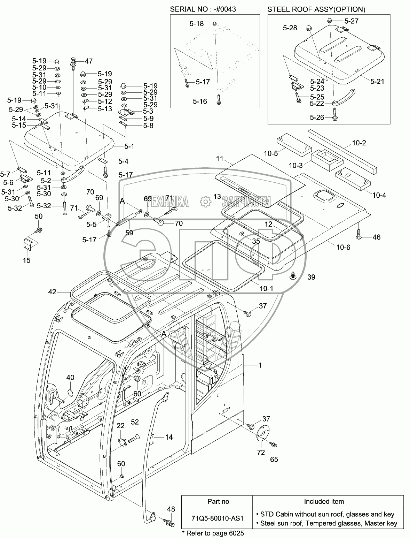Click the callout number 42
tap(52, 292)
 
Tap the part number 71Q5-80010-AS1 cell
tap(218, 518)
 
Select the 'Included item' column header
tap(324, 501)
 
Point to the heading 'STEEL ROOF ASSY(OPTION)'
tap(316, 9)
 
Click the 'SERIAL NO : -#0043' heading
tap(203, 9)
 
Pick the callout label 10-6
tap(343, 247)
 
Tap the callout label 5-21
tap(377, 82)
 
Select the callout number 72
tap(261, 452)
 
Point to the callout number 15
tap(26, 260)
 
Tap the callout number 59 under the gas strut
tap(129, 233)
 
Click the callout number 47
tap(88, 61)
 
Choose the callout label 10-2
tap(359, 143)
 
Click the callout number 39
tap(311, 277)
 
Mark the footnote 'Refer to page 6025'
tap(213, 533)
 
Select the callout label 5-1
tap(129, 146)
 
